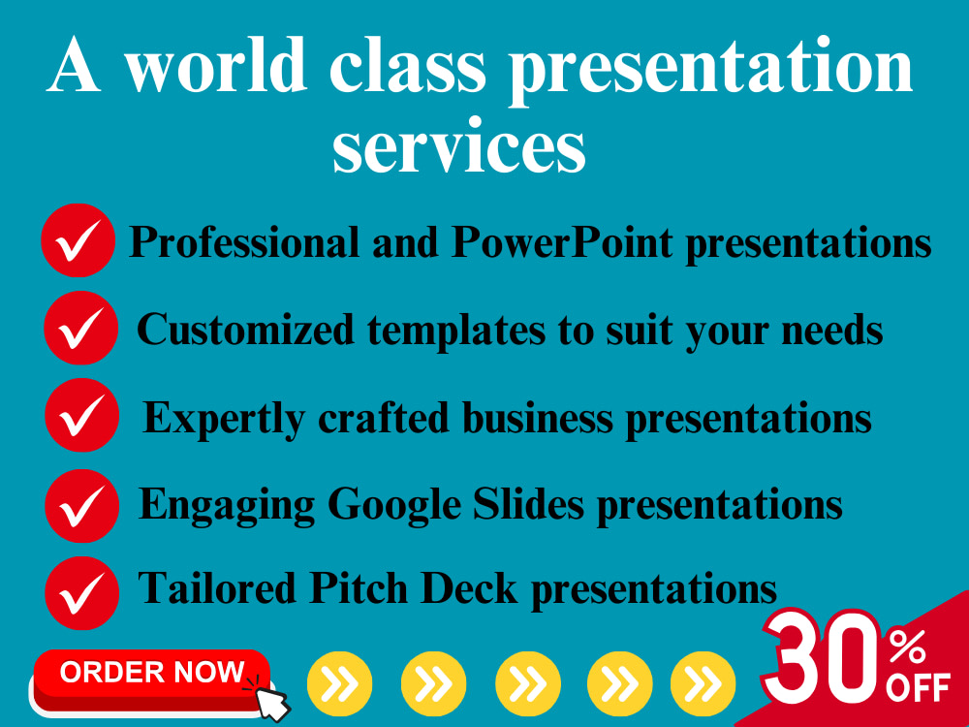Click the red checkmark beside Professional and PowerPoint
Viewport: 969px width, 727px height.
click(78, 240)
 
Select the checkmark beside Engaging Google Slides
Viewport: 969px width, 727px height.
click(81, 505)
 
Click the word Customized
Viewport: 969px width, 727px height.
click(245, 330)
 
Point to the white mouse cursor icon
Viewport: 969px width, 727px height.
click(270, 698)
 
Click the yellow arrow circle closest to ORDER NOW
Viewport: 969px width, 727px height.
click(339, 684)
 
